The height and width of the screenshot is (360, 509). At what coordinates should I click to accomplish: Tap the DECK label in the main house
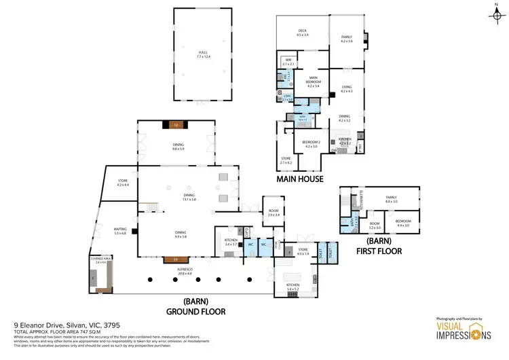point(303,33)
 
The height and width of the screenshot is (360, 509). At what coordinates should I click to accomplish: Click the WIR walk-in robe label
point(288,62)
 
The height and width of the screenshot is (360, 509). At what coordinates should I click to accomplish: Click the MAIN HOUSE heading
point(299,179)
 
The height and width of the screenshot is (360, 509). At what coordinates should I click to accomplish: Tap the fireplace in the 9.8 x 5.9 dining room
point(176,125)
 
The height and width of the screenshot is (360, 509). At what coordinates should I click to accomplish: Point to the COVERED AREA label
point(100,260)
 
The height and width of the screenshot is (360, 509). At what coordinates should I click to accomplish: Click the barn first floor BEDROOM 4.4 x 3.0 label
point(403,223)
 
